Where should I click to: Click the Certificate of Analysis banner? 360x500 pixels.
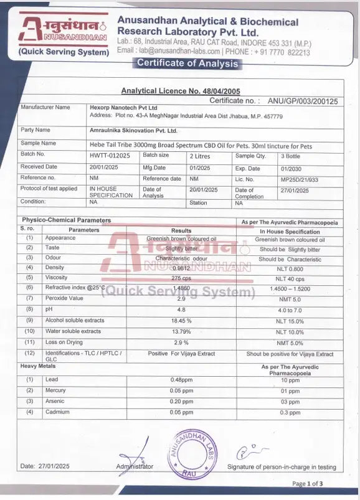[x=187, y=63]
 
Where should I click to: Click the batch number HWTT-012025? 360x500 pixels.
[x=110, y=156]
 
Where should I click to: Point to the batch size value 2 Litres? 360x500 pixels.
[x=200, y=156]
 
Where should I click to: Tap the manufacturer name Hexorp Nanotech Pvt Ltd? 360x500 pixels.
[x=123, y=108]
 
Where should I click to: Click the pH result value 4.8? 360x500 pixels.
[x=181, y=309]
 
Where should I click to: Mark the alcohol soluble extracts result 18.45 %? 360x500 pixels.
[x=181, y=320]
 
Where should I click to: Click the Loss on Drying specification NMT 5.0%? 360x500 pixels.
[x=290, y=342]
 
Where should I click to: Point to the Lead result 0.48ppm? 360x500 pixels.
[x=181, y=380]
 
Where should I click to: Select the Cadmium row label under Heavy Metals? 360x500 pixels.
[x=57, y=412]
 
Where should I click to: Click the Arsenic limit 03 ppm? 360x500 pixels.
[x=290, y=402]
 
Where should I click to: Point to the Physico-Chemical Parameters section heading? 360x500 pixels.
[x=67, y=220]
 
